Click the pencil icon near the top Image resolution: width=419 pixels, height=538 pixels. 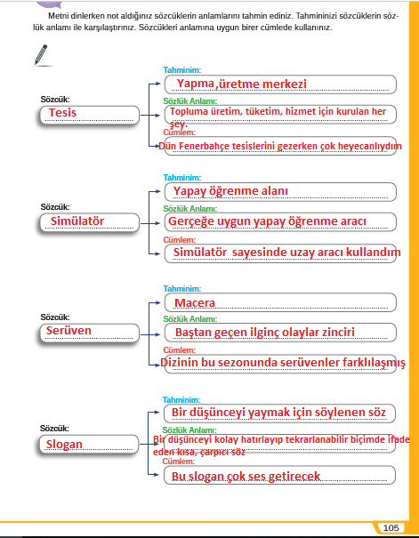point(41,54)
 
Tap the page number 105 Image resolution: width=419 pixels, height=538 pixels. point(391,527)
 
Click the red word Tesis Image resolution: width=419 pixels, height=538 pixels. point(62,113)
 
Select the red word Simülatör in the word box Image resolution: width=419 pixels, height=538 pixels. point(77,221)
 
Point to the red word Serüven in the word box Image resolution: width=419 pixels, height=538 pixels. point(68,331)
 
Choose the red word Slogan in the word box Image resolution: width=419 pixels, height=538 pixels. point(64,445)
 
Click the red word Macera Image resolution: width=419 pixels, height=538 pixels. point(195,302)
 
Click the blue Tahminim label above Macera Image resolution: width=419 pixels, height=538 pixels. point(181,289)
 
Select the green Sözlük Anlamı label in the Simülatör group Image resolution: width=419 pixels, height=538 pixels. point(190,209)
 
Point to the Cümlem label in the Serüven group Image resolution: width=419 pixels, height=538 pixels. point(179,350)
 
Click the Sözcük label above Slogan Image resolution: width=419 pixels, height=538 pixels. point(54,429)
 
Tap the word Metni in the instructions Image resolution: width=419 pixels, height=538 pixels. point(57,16)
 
